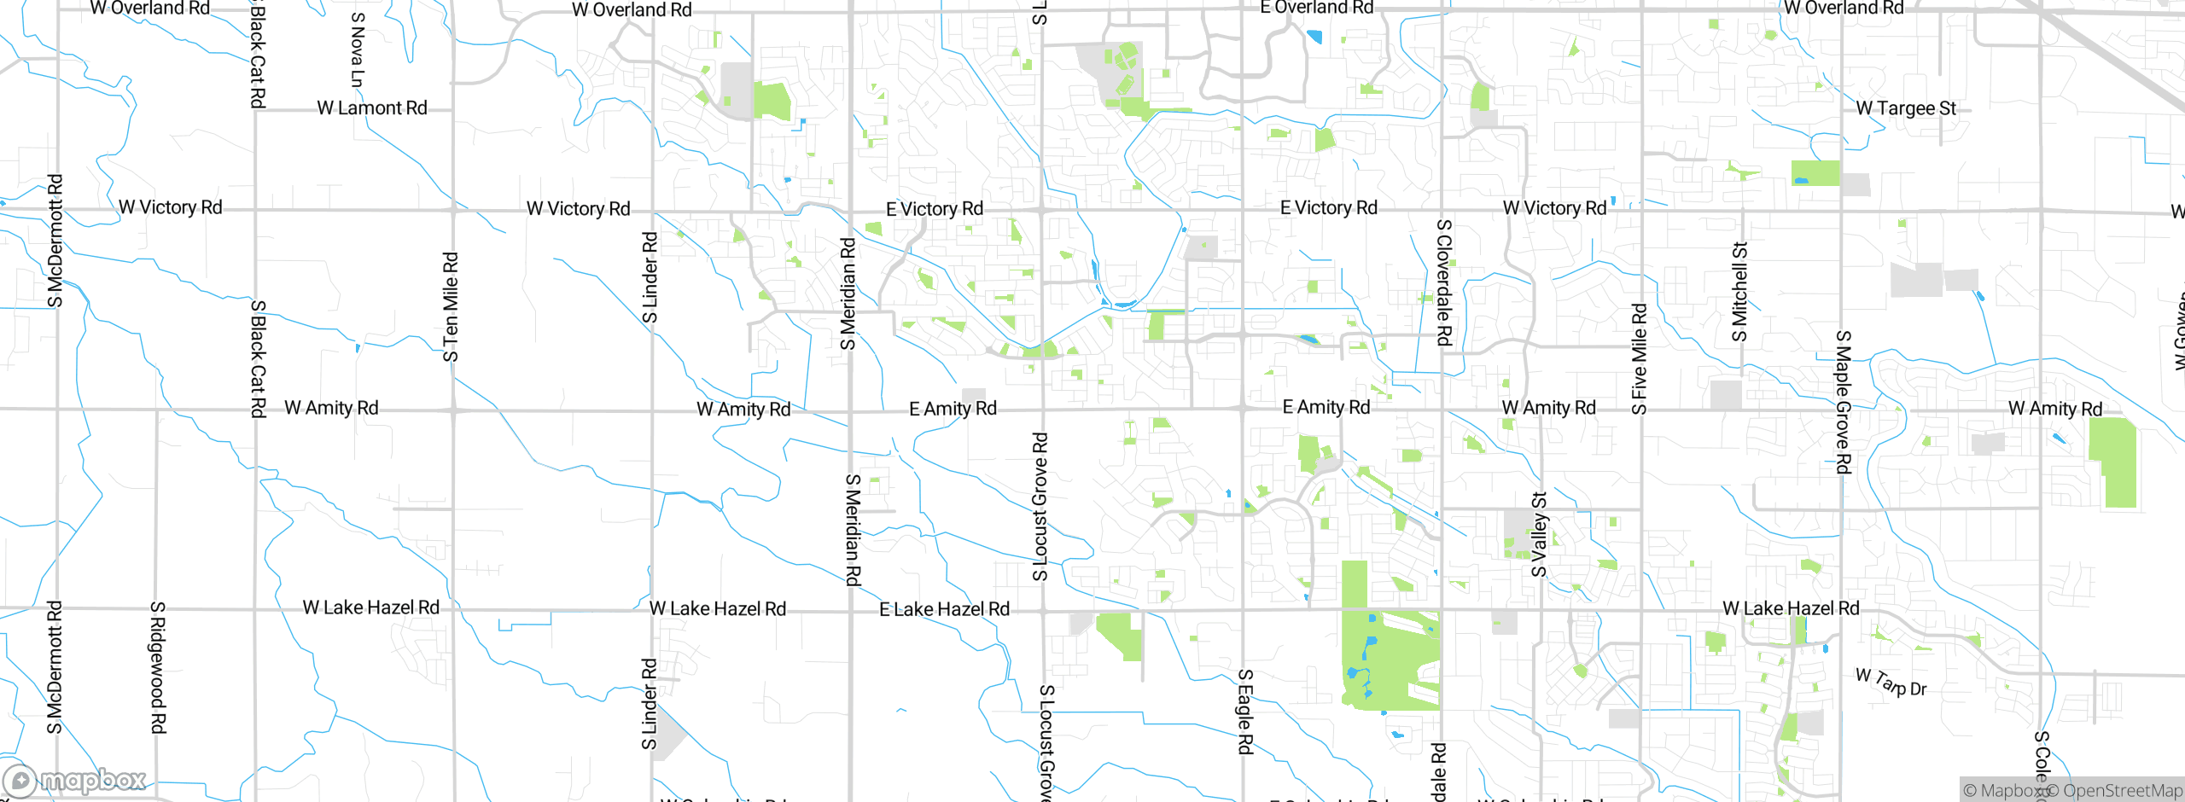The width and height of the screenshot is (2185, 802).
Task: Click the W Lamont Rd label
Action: [x=372, y=108]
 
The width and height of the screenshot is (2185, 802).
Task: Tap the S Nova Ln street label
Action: [x=358, y=49]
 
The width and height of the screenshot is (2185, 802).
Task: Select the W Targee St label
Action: [x=1905, y=108]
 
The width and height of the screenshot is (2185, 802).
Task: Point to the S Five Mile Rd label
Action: [x=1639, y=359]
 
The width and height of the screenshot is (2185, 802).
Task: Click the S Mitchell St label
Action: [x=1739, y=292]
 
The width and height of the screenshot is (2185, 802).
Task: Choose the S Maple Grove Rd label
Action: [x=1843, y=402]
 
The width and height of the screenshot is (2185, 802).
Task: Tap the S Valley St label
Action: [x=1539, y=535]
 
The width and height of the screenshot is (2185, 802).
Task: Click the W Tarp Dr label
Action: [x=1891, y=683]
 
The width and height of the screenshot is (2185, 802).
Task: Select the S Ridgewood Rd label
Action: [x=158, y=667]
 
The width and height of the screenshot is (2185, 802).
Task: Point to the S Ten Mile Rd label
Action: [x=451, y=306]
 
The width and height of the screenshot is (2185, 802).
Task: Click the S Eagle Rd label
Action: [x=1245, y=712]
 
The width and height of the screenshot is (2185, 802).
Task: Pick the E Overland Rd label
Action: [x=1316, y=8]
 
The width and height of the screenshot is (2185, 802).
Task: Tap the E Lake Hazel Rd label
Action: [x=944, y=609]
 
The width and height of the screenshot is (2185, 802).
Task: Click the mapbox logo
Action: [x=75, y=781]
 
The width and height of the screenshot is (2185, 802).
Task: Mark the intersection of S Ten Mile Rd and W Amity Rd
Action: [x=454, y=410]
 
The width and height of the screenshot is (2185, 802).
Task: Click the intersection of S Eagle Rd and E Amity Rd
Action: [x=1243, y=409]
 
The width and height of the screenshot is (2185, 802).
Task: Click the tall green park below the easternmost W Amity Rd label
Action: [x=2112, y=463]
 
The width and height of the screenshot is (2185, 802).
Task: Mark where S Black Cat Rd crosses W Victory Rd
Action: [x=255, y=209]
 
